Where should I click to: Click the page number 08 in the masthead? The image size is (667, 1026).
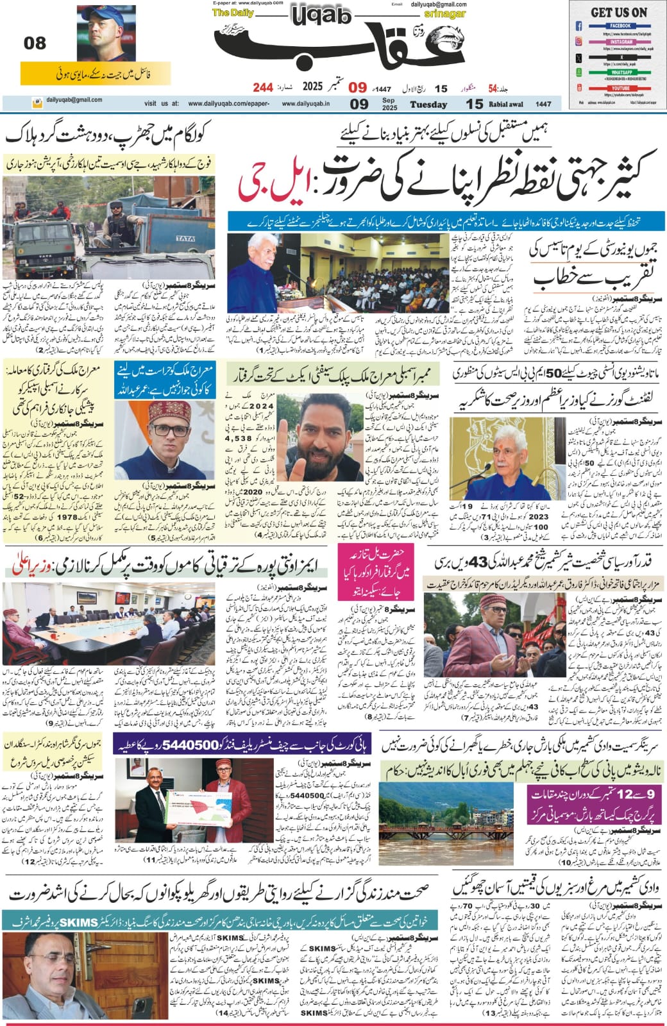coord(35,44)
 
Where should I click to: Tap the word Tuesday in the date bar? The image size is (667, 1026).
coord(428,105)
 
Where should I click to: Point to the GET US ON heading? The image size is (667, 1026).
coord(618,12)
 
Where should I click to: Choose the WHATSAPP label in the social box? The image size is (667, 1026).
coord(620,72)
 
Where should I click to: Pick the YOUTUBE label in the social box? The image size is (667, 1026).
coord(620,88)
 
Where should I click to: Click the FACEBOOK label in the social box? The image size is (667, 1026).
coord(620,26)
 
